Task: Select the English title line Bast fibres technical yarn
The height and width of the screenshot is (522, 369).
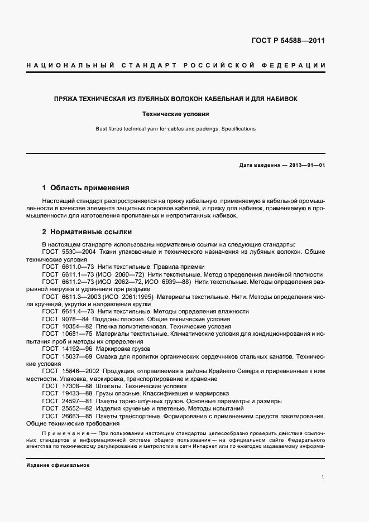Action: (x=175, y=129)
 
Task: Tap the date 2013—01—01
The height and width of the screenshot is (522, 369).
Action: (x=308, y=166)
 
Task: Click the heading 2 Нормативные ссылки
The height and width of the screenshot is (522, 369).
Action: (x=87, y=231)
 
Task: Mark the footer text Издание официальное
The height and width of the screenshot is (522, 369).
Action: (x=57, y=465)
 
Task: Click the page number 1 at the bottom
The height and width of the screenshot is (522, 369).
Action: (x=323, y=477)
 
